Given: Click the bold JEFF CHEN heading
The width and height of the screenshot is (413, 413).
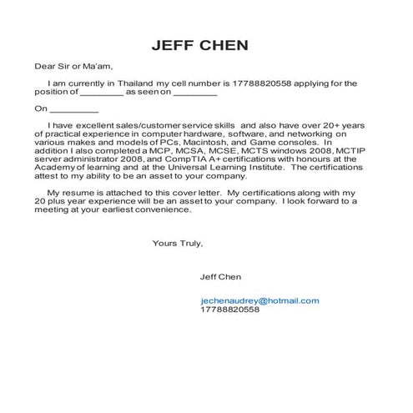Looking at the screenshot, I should (205, 44).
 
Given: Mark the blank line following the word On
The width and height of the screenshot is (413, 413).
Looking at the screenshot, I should (74, 109).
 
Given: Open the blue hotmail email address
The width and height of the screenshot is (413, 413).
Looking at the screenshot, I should (259, 300).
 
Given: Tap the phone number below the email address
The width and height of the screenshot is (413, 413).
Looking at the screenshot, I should (229, 309).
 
